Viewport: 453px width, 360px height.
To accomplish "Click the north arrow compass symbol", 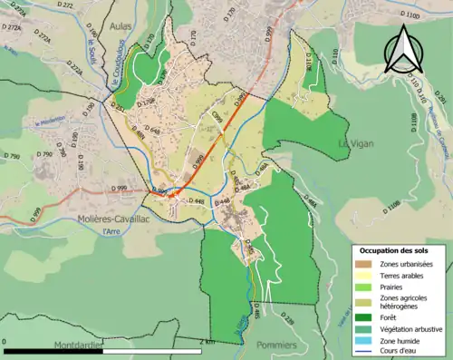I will [x=404, y=49].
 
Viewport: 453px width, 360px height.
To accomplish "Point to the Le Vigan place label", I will [x=356, y=144].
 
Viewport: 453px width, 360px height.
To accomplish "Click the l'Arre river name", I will [x=111, y=231].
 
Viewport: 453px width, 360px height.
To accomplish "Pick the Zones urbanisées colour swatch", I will [x=363, y=265].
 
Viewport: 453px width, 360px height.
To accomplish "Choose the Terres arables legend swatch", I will [x=363, y=276].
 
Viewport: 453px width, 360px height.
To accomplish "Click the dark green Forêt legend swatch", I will [x=363, y=316].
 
